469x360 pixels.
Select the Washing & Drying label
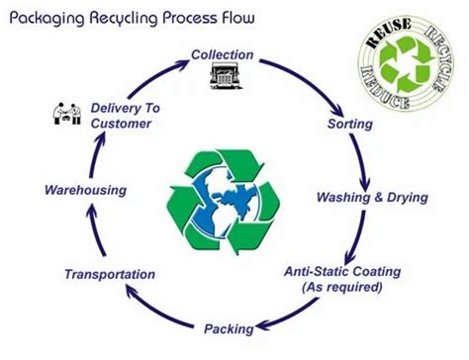371,197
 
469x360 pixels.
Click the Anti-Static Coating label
340,269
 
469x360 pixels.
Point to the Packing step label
229,328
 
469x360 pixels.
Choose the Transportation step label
109,274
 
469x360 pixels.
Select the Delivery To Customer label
121,115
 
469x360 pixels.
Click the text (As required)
340,286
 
